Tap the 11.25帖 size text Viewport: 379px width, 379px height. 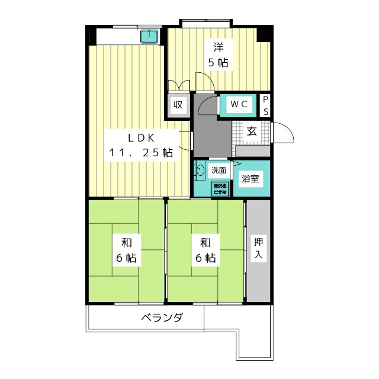[141, 153]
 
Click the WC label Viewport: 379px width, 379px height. [239, 104]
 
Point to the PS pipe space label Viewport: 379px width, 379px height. [266, 105]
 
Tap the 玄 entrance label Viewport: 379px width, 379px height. [252, 131]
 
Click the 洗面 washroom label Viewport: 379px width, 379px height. [219, 171]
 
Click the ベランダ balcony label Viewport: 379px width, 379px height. [162, 318]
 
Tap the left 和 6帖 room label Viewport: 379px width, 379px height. [126, 250]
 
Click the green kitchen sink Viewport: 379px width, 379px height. [148, 37]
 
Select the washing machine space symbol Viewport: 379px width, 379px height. [220, 189]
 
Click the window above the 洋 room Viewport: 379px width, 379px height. [206, 24]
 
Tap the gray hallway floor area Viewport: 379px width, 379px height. [210, 133]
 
